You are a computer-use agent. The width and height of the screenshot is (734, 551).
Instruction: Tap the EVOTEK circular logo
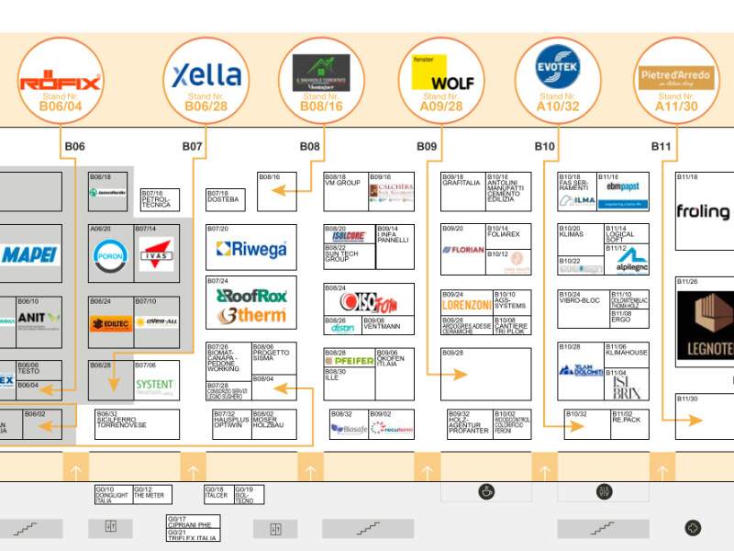(x=560, y=65)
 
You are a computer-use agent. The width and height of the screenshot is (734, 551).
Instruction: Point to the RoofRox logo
(x=251, y=296)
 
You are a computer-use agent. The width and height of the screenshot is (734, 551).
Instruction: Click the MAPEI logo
(x=29, y=254)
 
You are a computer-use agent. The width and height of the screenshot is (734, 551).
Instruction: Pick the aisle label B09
(x=427, y=146)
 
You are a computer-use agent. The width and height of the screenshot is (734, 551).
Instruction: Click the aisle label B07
(x=192, y=146)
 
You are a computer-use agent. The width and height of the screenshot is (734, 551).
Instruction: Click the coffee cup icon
(x=485, y=491)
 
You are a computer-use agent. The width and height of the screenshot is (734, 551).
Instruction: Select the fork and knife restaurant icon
(x=604, y=491)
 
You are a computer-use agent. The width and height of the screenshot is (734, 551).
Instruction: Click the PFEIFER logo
(x=349, y=361)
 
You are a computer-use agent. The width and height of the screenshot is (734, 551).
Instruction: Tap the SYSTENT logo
(x=154, y=385)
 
